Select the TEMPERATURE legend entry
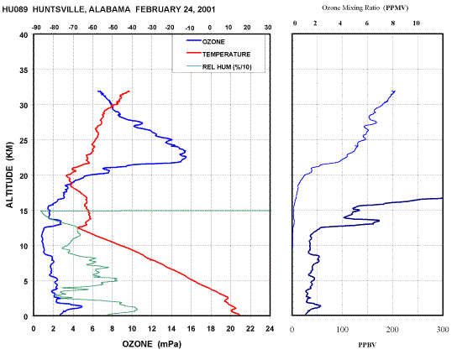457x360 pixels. click(x=218, y=55)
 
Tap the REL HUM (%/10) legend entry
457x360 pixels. click(x=219, y=67)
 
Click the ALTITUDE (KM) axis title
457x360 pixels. click(x=10, y=175)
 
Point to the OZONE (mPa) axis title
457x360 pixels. click(x=151, y=344)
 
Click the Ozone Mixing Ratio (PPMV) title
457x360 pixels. click(x=365, y=8)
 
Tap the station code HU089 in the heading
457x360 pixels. click(x=15, y=9)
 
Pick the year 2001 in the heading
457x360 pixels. click(x=206, y=9)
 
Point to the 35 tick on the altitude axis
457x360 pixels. click(x=24, y=70)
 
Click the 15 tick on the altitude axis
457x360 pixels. click(x=24, y=211)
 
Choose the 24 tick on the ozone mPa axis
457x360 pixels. click(x=270, y=329)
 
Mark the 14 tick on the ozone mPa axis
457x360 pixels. click(x=171, y=329)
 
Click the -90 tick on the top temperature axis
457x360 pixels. click(x=36, y=28)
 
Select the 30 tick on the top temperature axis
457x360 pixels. click(x=268, y=28)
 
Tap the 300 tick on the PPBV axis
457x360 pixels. click(x=443, y=329)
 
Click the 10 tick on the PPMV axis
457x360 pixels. click(x=416, y=23)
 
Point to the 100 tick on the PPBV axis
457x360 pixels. click(x=342, y=329)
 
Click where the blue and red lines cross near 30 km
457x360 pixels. click(x=112, y=106)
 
